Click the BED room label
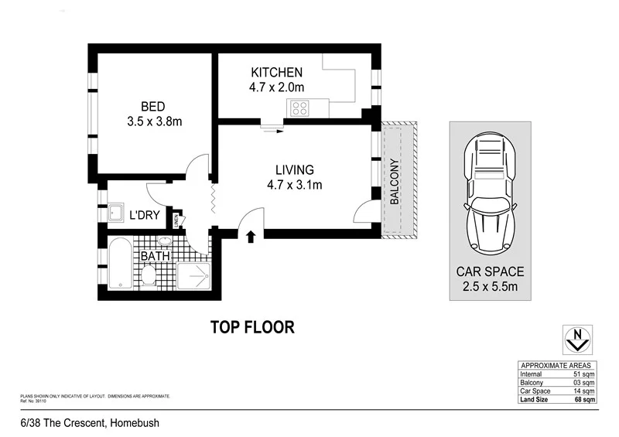[153, 106]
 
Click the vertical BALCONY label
[394, 182]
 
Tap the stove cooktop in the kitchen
[298, 109]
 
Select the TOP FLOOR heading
[252, 326]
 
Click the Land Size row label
[535, 400]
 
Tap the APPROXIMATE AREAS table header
[556, 365]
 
